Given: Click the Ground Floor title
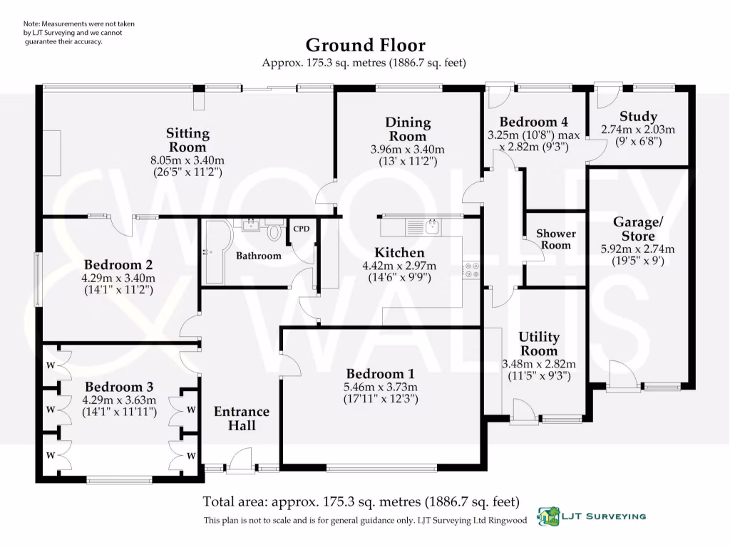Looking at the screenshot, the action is [366, 45].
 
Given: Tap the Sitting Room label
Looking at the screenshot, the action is [187, 140].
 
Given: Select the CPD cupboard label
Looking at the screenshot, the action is [302, 229].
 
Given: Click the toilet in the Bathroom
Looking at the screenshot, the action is [274, 230].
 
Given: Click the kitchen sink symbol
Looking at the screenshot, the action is [431, 227].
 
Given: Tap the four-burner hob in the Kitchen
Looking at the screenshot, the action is [471, 270].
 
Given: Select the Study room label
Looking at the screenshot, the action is [638, 116].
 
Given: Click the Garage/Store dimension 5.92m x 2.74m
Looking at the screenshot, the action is [637, 249].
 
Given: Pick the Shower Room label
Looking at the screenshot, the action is [556, 239].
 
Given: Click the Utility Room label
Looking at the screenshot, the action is [539, 343].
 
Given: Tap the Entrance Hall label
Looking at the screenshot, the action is [242, 418].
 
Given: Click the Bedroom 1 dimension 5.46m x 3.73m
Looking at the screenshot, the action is [381, 387].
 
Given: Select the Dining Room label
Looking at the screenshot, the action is [408, 129].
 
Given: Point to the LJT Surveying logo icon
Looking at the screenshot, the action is [548, 516].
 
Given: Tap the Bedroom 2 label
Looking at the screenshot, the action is [118, 265].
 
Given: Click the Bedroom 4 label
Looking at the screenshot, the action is [533, 122].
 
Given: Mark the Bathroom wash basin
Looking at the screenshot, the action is [252, 225].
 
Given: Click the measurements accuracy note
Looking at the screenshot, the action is [79, 33].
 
